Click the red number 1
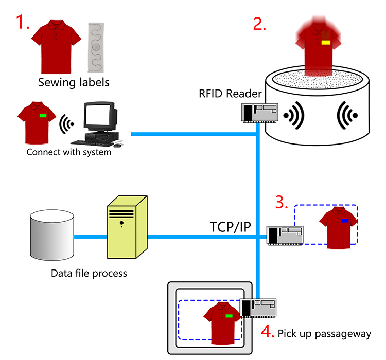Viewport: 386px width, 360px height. (22, 22)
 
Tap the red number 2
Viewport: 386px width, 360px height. (259, 24)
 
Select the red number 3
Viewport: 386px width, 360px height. (281, 202)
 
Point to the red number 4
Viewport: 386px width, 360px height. (267, 331)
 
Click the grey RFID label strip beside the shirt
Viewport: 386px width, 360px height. (96, 47)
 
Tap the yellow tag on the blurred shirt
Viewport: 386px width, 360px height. (326, 43)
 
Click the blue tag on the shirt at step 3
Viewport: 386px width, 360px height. (345, 221)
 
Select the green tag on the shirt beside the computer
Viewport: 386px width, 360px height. (43, 116)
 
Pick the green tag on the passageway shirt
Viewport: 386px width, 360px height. (229, 316)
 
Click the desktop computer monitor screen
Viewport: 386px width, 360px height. (98, 115)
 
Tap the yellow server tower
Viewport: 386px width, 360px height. (127, 227)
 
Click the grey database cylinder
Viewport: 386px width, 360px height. (52, 235)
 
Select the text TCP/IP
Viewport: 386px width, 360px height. (230, 227)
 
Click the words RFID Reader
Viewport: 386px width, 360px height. (230, 94)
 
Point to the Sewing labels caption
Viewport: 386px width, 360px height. (74, 82)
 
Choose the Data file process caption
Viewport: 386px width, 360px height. (89, 274)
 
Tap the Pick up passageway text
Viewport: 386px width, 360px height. (324, 334)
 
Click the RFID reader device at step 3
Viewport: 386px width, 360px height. (285, 236)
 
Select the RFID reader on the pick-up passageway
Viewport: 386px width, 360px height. (258, 308)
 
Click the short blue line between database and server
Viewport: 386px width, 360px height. (91, 237)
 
